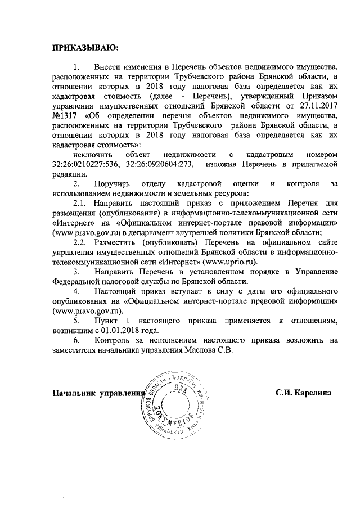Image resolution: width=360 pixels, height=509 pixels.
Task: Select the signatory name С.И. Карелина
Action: [303, 392]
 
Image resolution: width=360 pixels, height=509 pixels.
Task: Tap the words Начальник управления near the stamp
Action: [98, 392]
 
